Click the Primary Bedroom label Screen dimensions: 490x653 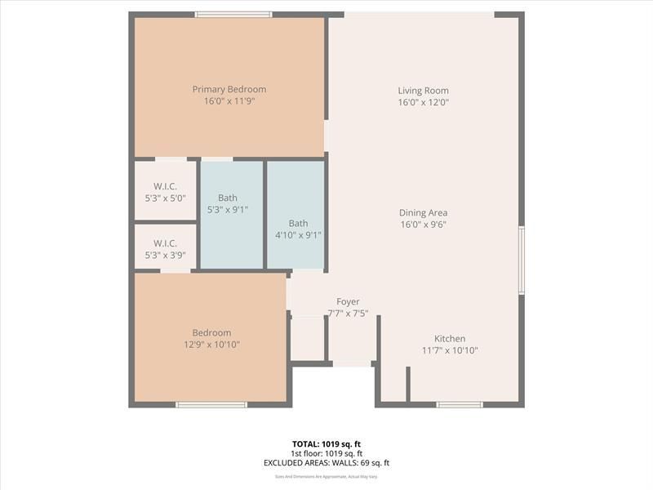tap(229, 89)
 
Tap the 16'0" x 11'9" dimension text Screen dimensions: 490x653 tap(229, 102)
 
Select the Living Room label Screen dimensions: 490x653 tap(423, 91)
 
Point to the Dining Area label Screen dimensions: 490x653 tap(423, 212)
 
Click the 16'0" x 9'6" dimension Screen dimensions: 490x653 tap(423, 225)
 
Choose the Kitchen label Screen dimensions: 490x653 tap(449, 338)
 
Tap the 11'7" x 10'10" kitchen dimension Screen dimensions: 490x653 tap(449, 350)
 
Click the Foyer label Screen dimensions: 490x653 tap(348, 301)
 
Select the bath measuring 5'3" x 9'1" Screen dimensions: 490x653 tap(228, 203)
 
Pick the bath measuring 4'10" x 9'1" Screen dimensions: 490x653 tap(298, 229)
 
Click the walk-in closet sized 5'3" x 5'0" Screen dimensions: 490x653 tap(165, 192)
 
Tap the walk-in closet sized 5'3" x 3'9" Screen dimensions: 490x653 tap(165, 248)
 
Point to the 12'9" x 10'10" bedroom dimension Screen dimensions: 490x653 tap(211, 345)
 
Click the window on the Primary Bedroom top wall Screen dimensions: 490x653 tap(233, 14)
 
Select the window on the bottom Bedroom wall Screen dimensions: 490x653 tap(211, 404)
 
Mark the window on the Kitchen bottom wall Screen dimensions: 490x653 tap(459, 404)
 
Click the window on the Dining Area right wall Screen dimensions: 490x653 tap(521, 260)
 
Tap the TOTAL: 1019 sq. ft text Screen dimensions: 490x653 tap(326, 443)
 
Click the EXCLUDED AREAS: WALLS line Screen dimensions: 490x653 tap(326, 463)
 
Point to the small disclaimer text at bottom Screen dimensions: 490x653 tap(326, 476)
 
